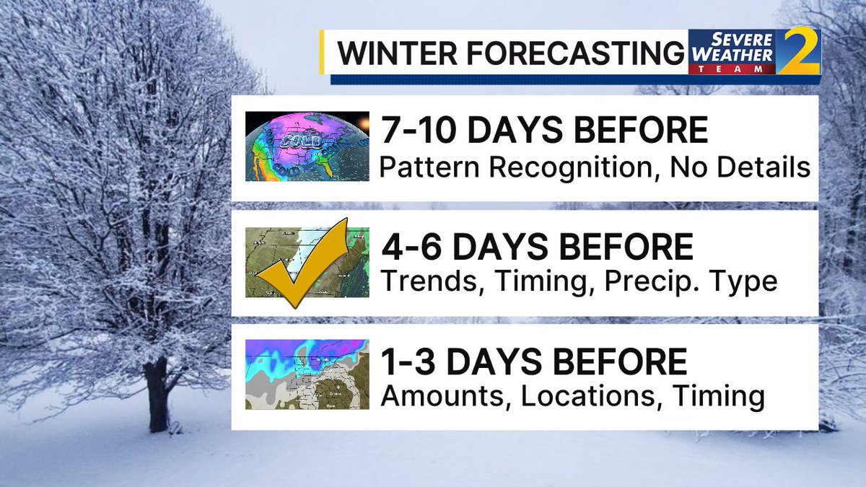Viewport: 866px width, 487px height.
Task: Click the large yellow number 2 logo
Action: pos(799,52)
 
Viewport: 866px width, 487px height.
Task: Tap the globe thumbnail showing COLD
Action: pos(307,146)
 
